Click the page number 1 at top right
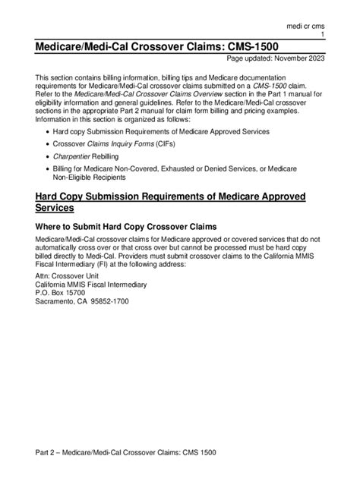tap(324, 36)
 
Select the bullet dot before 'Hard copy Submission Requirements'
tap(48, 131)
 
